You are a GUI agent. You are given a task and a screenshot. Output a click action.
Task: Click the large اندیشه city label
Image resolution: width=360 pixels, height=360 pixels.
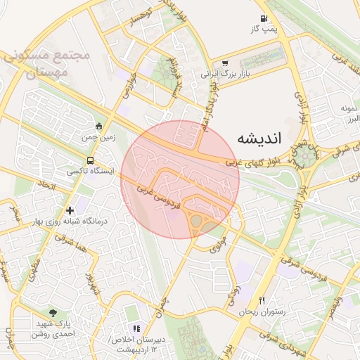pyautogui.click(x=259, y=138)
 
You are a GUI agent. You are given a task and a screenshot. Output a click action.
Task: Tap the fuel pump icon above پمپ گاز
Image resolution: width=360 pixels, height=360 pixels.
pyautogui.click(x=263, y=19)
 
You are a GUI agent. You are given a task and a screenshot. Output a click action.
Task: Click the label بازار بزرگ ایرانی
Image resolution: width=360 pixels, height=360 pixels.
pyautogui.click(x=225, y=73)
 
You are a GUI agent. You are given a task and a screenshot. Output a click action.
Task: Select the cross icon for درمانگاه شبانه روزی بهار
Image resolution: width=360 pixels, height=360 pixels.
pyautogui.click(x=70, y=210)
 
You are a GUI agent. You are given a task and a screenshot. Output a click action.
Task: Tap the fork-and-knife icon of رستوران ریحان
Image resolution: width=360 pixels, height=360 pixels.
pyautogui.click(x=262, y=300)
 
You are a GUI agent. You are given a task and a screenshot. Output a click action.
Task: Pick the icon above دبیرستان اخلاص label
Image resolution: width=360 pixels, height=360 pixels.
pyautogui.click(x=137, y=328)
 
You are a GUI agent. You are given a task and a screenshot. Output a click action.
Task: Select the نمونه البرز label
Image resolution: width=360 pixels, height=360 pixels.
pyautogui.click(x=349, y=114)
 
